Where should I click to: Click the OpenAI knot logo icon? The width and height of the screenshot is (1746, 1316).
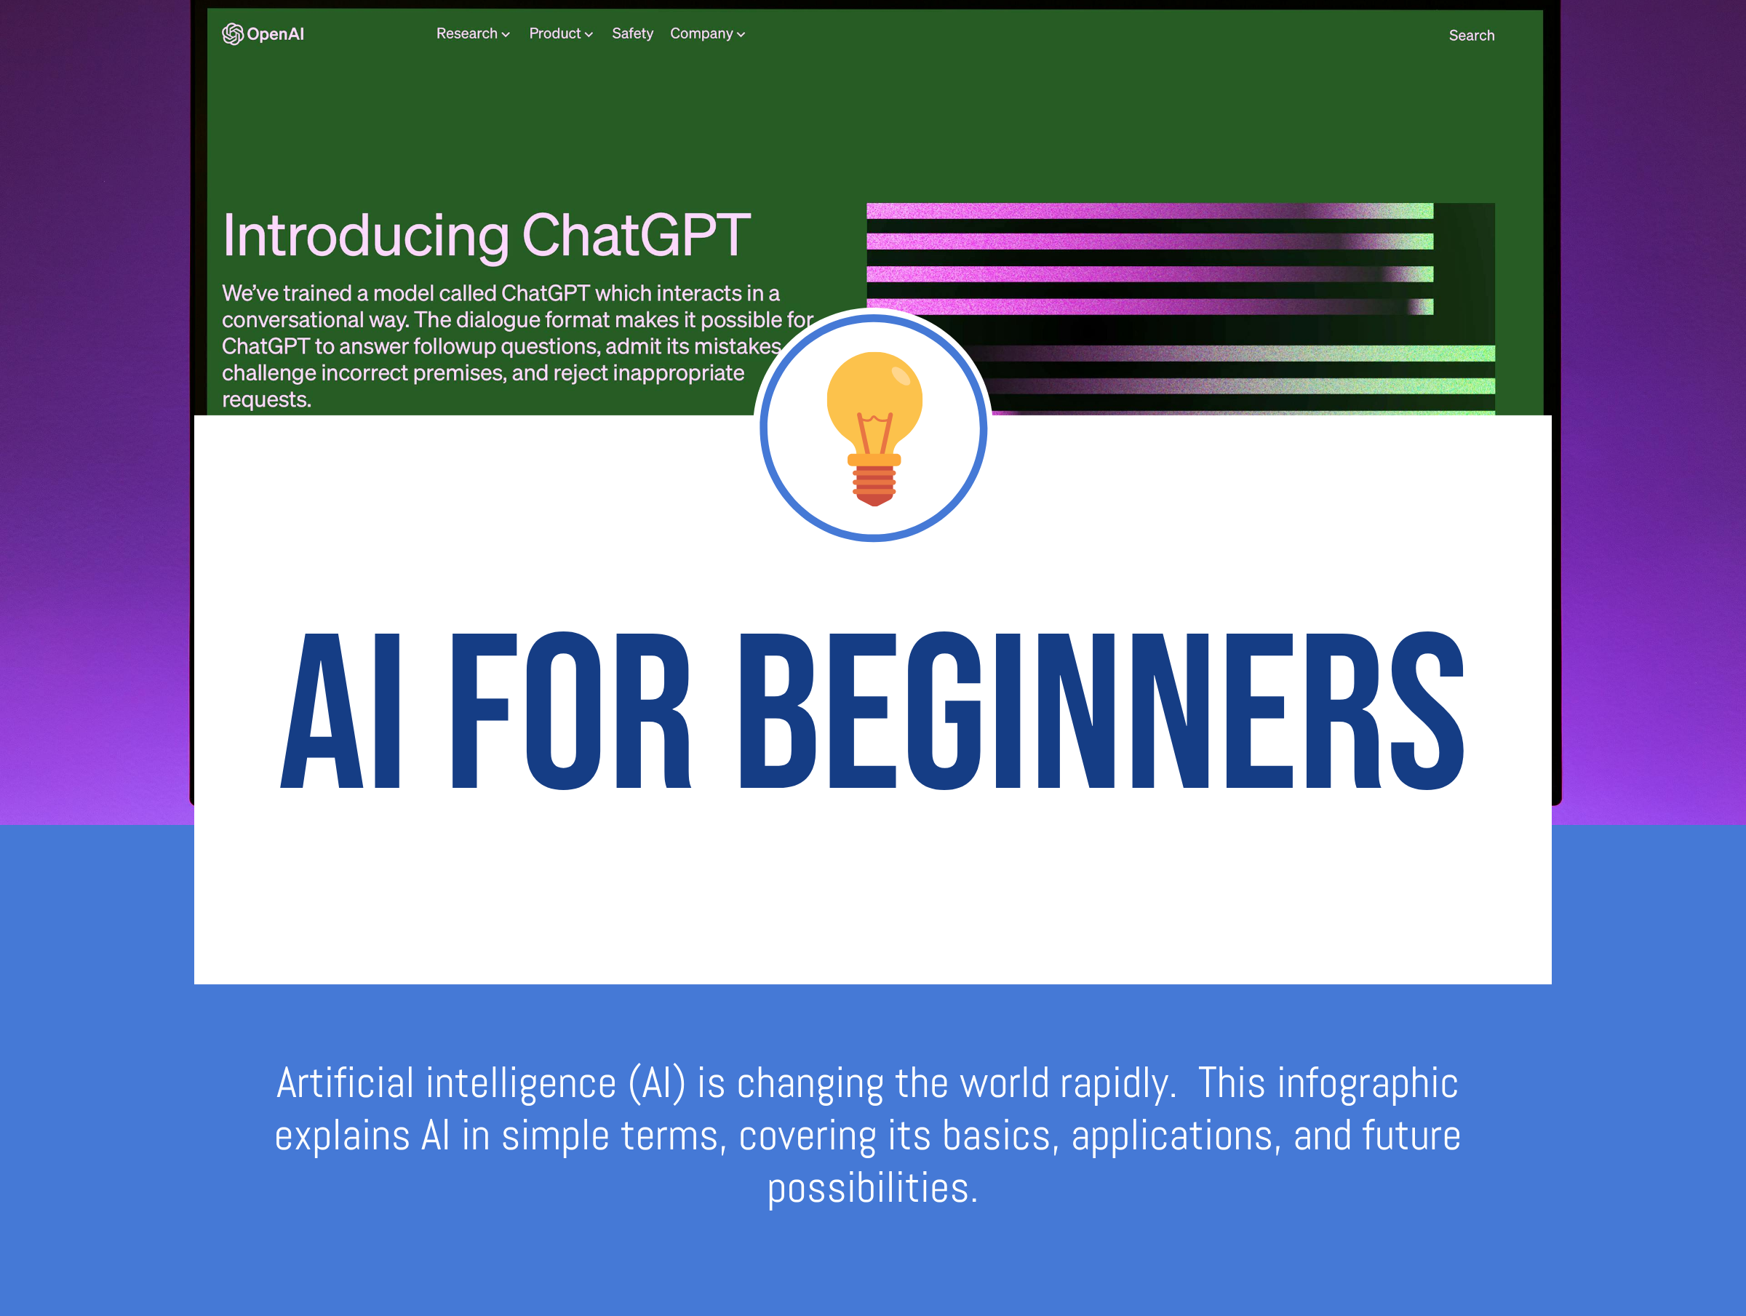232,34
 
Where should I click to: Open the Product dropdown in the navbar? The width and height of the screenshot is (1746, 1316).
560,33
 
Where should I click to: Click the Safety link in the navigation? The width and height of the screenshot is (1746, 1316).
632,33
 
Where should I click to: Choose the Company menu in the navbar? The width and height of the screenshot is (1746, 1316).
707,33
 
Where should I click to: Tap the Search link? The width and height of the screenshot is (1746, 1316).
1471,35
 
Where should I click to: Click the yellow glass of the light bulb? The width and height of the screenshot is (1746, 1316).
874,399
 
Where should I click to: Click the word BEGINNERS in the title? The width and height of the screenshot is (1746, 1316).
1101,711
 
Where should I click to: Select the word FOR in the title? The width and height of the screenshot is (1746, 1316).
570,711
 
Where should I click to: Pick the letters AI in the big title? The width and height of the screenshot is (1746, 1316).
340,711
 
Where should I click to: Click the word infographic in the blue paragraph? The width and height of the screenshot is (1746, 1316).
1368,1082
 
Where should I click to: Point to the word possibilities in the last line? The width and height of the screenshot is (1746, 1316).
872,1188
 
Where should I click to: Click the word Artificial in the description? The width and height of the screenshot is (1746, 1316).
345,1082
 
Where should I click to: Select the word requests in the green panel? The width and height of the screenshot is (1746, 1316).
266,399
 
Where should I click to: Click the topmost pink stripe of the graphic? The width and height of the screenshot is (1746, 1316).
1149,211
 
